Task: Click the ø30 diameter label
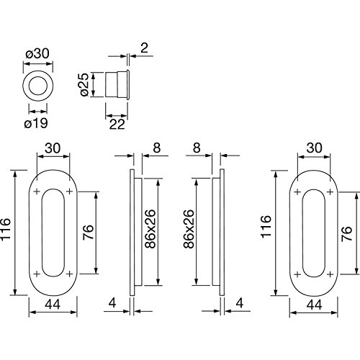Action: coord(37,53)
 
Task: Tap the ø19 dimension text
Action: coord(36,123)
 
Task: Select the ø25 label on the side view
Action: coord(84,85)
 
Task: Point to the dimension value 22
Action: coord(117,125)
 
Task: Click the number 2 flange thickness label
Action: coord(144,48)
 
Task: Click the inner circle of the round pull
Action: coord(37,86)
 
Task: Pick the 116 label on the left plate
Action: coord(5,229)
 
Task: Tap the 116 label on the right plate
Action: coord(266,227)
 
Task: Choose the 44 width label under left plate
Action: coord(53,305)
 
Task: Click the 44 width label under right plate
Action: coord(314,305)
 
